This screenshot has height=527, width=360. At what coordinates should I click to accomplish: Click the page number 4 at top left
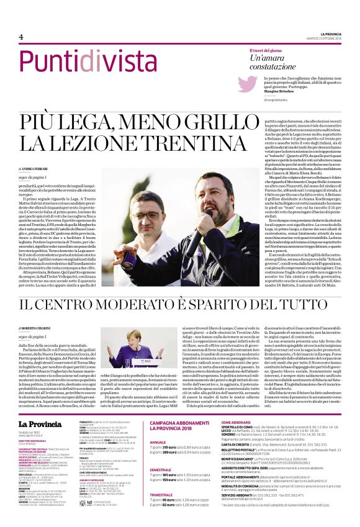(x=20, y=37)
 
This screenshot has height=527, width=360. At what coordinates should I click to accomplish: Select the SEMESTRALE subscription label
(x=163, y=469)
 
